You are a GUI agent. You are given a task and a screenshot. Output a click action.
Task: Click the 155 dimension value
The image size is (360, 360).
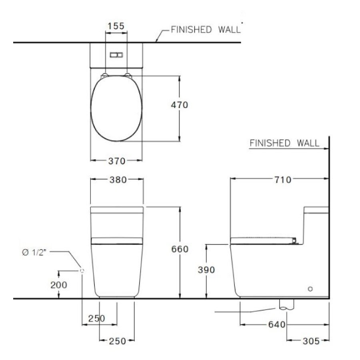click(x=116, y=26)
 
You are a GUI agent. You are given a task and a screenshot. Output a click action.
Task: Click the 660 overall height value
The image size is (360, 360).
click(x=179, y=249)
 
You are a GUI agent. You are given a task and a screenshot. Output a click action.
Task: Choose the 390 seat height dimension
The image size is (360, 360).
click(x=206, y=270)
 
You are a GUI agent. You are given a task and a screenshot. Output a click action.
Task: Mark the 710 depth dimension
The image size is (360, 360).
click(x=283, y=180)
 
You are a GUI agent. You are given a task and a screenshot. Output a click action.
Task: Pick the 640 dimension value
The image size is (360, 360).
click(x=278, y=324)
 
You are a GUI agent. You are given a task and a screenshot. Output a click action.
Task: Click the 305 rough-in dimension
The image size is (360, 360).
click(x=311, y=341)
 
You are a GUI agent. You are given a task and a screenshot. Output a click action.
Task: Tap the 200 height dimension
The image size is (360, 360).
click(x=59, y=285)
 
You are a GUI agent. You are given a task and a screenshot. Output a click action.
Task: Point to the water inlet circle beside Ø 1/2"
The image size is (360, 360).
click(x=82, y=271)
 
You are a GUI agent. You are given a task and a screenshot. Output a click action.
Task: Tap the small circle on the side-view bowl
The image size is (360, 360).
click(x=310, y=288)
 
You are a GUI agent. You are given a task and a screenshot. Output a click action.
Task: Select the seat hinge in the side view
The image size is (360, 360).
click(x=295, y=241)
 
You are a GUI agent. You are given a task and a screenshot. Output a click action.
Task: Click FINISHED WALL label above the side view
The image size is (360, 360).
click(x=284, y=143)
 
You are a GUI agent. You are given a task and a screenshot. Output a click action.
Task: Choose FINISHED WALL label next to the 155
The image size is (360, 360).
click(x=206, y=30)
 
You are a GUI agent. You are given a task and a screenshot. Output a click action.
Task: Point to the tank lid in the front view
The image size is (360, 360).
click(x=117, y=210)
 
